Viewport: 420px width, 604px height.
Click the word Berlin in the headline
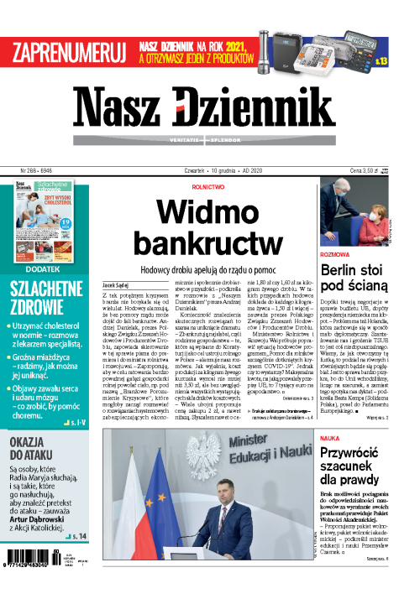pos(344,270)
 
